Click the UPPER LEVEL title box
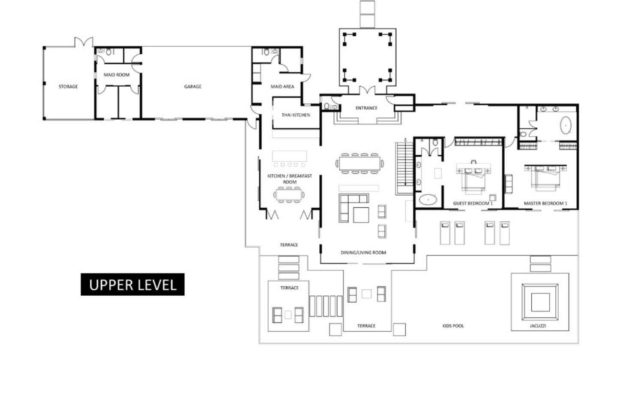[x=132, y=284]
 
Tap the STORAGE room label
[x=68, y=87]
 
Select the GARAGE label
[x=192, y=87]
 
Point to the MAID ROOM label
[x=117, y=75]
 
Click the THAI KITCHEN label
[x=296, y=115]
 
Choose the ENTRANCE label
[x=366, y=108]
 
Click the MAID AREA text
[x=282, y=87]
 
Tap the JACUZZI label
[x=538, y=326]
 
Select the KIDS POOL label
[x=453, y=326]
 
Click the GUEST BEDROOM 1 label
[x=473, y=203]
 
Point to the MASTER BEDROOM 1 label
[x=545, y=203]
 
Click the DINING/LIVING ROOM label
[x=363, y=252]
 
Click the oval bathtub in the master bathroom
[x=566, y=125]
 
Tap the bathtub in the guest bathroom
[x=428, y=200]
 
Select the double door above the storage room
[x=84, y=42]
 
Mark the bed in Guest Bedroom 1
[x=474, y=178]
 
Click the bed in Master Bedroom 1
[x=546, y=177]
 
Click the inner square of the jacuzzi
[x=540, y=302]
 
